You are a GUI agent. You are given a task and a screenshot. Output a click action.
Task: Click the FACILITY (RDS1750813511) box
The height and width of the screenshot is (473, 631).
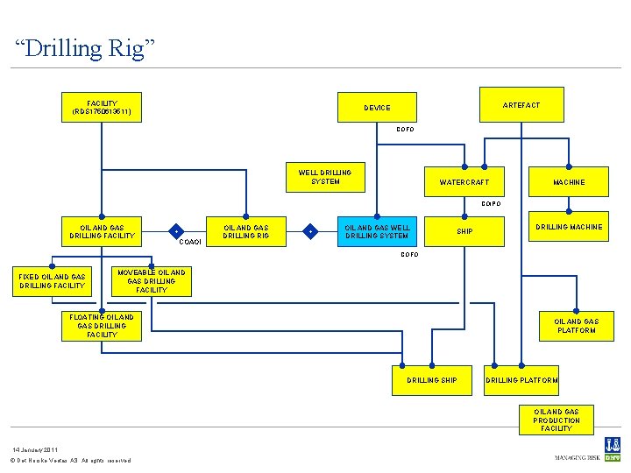coord(102,108)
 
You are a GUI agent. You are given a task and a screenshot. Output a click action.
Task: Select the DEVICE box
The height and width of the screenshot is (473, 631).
coord(377,108)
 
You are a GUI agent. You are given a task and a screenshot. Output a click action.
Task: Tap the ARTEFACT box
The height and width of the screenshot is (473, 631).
coord(521,105)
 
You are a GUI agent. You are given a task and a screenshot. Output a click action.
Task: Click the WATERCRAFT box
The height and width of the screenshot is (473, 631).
coord(464,182)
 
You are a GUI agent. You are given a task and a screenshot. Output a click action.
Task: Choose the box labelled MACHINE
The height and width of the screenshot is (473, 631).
coord(569,182)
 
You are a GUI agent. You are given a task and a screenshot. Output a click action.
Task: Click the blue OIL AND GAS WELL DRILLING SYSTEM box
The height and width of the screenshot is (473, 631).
coord(377,232)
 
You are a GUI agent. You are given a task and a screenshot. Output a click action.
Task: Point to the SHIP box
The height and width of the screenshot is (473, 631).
coord(464,232)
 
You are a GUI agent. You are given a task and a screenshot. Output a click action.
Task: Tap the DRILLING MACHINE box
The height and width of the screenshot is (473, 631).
coord(569,228)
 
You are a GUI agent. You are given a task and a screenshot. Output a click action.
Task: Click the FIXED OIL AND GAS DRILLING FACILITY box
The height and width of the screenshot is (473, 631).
coord(53,281)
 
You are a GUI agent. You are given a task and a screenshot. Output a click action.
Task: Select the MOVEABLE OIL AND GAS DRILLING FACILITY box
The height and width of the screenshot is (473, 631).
coord(152,281)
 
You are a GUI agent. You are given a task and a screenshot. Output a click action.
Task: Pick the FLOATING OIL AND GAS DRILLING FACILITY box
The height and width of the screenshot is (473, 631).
coord(102,325)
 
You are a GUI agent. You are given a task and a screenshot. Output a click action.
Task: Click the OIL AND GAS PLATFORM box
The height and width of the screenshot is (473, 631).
coord(576,326)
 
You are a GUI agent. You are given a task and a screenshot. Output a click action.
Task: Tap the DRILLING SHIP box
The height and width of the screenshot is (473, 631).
coord(431,380)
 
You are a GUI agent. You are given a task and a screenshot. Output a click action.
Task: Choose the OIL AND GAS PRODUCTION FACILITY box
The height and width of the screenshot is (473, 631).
coord(557,420)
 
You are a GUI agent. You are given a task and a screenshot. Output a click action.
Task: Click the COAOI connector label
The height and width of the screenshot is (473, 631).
coord(190,242)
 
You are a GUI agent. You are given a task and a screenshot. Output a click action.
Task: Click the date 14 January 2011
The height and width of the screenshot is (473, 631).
coord(34,448)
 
